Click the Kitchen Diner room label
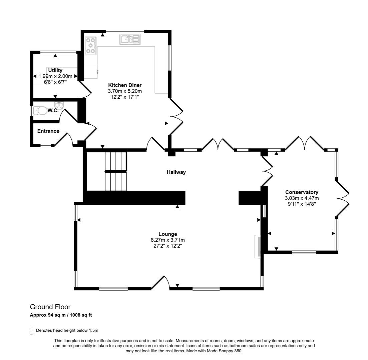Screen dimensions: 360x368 pos(125,85)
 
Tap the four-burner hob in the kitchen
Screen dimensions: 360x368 pos(90,46)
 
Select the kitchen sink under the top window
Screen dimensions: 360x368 pos(130,39)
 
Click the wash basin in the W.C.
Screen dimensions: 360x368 pos(59,106)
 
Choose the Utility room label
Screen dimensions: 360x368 pos(55,70)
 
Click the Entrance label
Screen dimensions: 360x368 pos(48,131)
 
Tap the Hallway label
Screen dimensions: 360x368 pos(176,172)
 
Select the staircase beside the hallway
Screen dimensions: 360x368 pos(116,171)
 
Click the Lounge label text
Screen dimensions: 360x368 pos(167,234)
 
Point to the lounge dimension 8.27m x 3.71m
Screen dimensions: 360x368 pos(167,240)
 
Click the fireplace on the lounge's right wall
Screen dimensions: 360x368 pos(258,246)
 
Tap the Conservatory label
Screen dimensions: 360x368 pos(302,192)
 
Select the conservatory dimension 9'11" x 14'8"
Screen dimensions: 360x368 pos(302,204)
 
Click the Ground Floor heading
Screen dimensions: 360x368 pos(50,307)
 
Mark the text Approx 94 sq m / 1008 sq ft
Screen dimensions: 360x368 pos(61,315)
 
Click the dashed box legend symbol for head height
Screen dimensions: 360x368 pos(31,331)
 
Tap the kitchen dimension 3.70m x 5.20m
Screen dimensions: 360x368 pos(125,91)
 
